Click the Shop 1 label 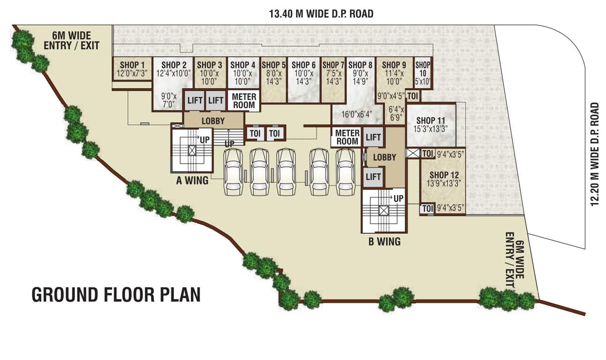[x=129, y=65]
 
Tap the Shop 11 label [x=432, y=121]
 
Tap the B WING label [x=384, y=242]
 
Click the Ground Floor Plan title [x=116, y=294]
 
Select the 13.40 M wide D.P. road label [x=321, y=14]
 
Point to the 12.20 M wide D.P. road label [x=595, y=154]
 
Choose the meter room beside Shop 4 [x=244, y=101]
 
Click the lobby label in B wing [x=385, y=157]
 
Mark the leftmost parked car [x=233, y=172]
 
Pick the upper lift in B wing [x=373, y=137]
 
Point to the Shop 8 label [x=361, y=65]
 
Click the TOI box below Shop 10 [x=413, y=96]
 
